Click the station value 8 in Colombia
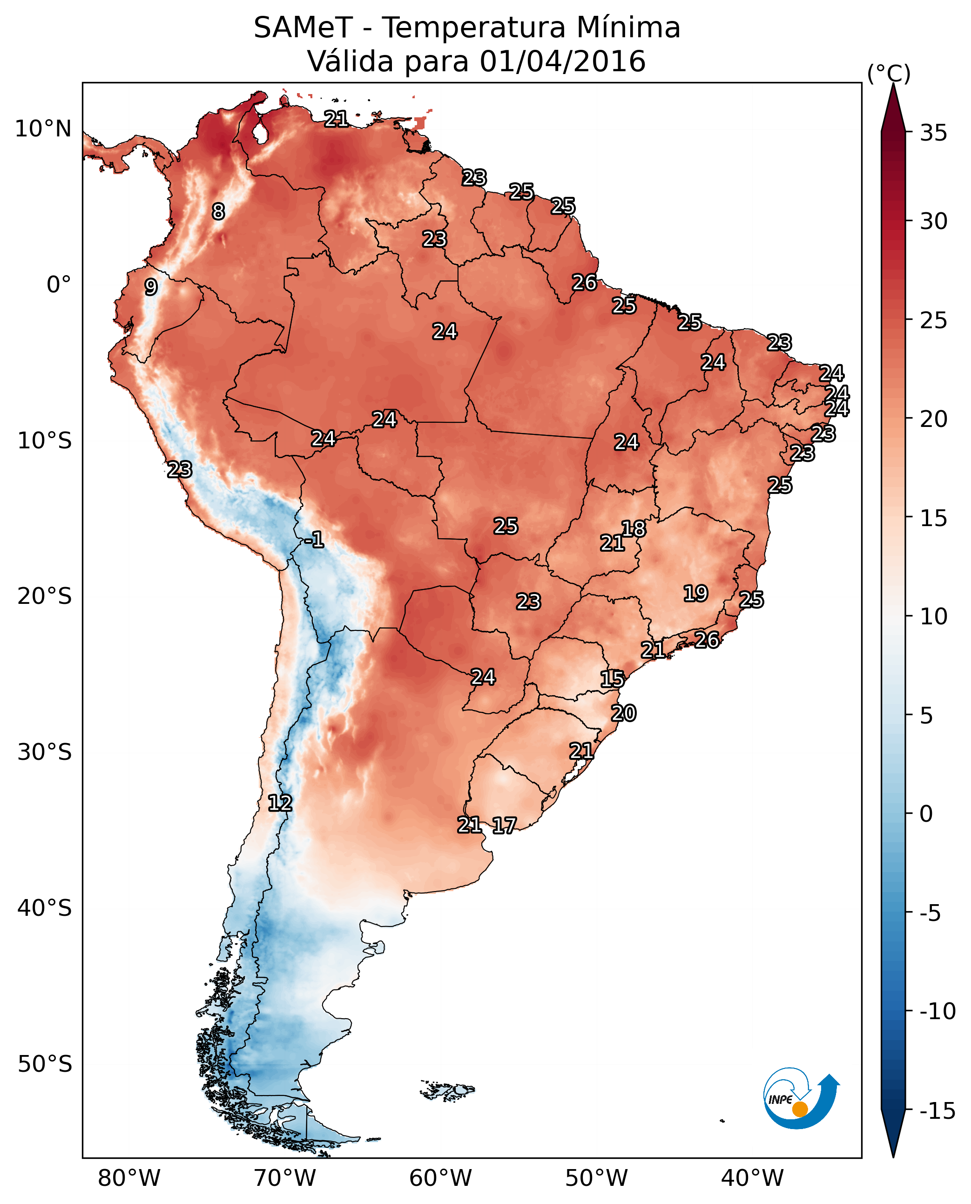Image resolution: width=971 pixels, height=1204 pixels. point(218,211)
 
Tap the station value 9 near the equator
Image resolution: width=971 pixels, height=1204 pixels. point(151,287)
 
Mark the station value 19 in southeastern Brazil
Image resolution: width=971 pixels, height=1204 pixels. point(695,593)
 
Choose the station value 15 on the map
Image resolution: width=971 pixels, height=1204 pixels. point(612,679)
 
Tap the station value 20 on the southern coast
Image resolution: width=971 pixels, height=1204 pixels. point(623,713)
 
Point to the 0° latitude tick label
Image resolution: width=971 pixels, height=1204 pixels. point(59,285)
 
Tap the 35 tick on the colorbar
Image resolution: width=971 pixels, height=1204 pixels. point(933,133)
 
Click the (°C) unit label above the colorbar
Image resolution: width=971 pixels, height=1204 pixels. point(889,73)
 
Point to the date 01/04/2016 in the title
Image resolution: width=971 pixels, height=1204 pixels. point(562,61)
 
